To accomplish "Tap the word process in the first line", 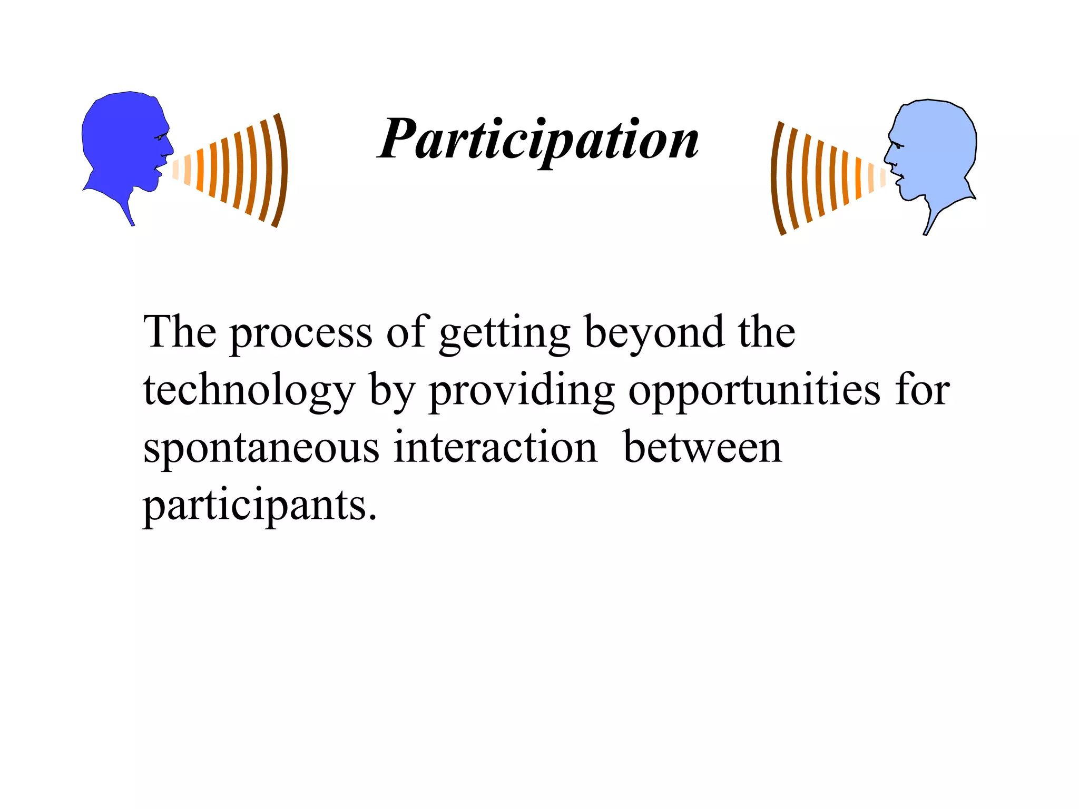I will click(x=301, y=334).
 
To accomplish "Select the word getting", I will click(x=504, y=334).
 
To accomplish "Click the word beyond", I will click(x=654, y=334).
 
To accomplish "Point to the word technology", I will click(x=249, y=392).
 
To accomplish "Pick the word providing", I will click(x=522, y=392).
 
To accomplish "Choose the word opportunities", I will click(x=754, y=392).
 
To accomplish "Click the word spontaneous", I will click(x=261, y=448).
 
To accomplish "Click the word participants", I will click(x=260, y=506).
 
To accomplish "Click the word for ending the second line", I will click(x=922, y=391).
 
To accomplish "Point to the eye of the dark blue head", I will click(x=159, y=137).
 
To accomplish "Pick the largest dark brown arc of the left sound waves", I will click(x=282, y=170).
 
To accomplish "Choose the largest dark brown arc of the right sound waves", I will click(x=775, y=177).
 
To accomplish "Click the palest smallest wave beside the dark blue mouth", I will click(x=175, y=169).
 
